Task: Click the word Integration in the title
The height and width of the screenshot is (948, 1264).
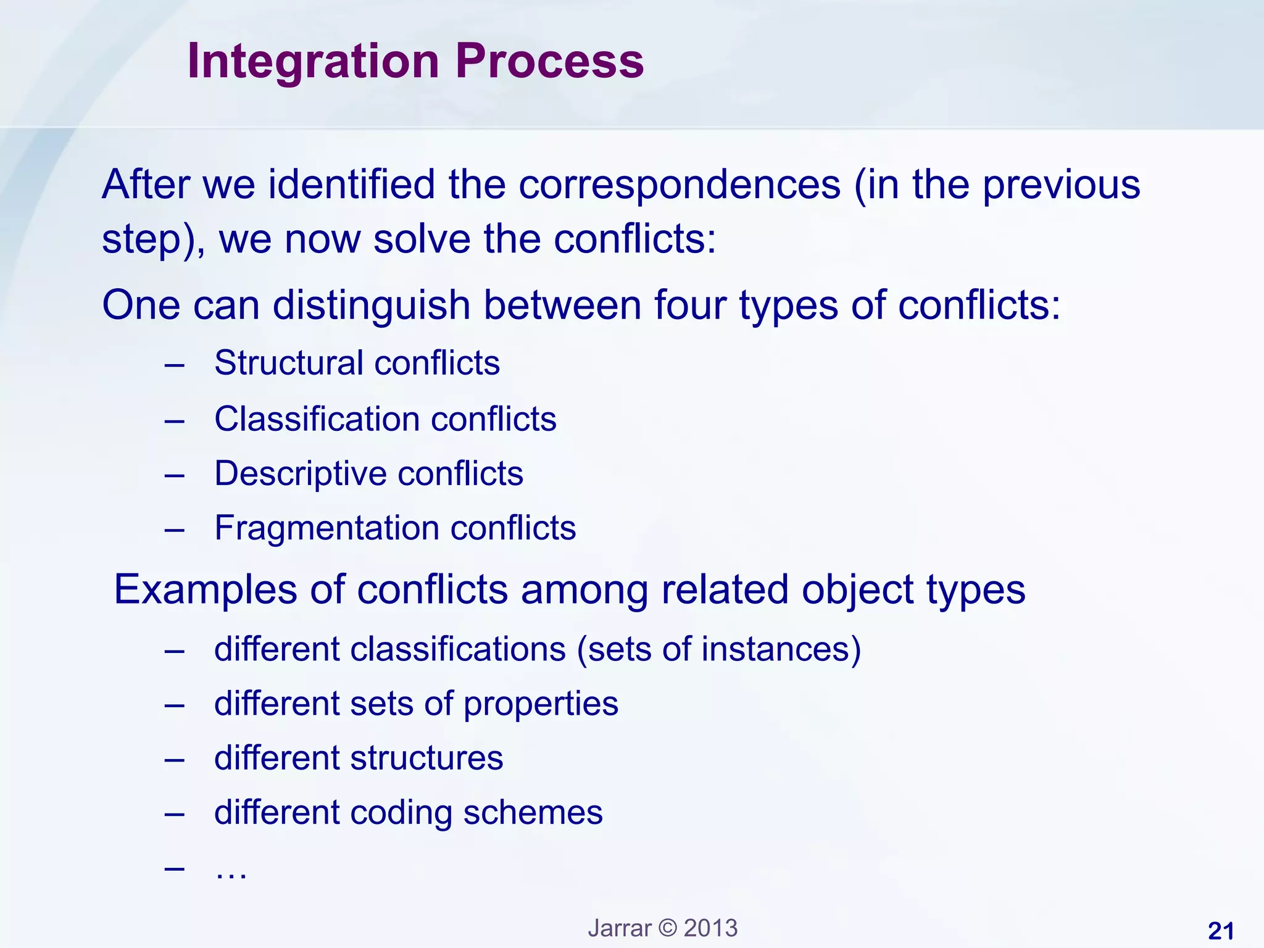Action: coord(313,62)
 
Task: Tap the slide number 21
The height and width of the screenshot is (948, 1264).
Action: coord(1220,931)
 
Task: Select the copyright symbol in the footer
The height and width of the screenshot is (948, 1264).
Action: coord(667,928)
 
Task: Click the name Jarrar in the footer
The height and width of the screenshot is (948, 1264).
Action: coord(619,928)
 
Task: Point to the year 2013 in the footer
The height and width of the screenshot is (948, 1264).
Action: coord(710,928)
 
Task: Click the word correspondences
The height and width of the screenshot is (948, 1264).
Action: coord(680,185)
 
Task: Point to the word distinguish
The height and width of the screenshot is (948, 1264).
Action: coord(372,305)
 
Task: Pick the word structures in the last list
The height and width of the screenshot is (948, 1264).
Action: coord(426,758)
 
